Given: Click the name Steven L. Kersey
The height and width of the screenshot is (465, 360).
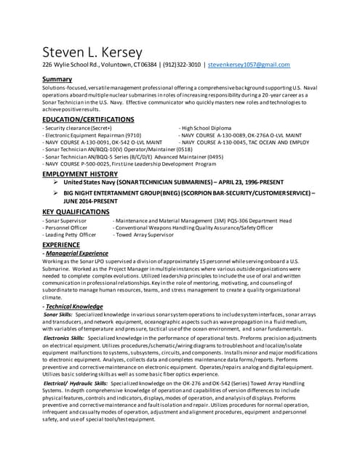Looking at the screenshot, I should click(x=92, y=52).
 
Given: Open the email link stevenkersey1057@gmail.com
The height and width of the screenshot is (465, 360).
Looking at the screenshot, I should click(x=249, y=65).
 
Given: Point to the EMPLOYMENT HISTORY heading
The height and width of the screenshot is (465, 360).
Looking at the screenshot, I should click(x=80, y=174).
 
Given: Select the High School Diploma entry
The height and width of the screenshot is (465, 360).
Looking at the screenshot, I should click(x=210, y=128).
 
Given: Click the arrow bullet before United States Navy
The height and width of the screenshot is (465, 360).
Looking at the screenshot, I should click(x=56, y=182).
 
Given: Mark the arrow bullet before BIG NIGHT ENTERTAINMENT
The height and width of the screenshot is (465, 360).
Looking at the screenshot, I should click(x=56, y=194).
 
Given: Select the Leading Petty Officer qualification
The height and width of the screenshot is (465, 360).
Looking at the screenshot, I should click(x=70, y=235).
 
